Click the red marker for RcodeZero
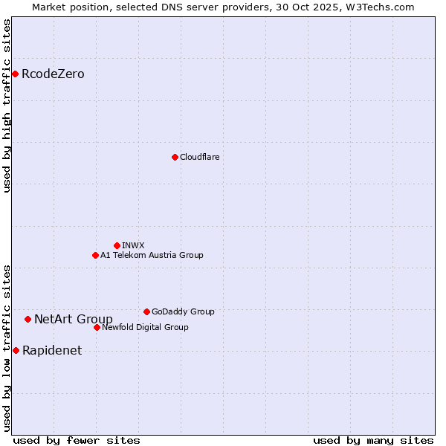(15, 74)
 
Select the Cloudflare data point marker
(175, 157)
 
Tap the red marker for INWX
(117, 245)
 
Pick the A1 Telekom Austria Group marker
(95, 255)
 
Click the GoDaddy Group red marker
(146, 311)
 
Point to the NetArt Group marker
(28, 319)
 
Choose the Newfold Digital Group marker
(97, 327)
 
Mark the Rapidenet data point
(16, 350)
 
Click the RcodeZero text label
(53, 74)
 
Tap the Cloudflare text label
(199, 157)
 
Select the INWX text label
(133, 245)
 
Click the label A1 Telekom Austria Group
(152, 255)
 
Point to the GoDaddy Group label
(183, 311)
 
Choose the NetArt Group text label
(74, 319)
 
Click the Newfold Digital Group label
(145, 327)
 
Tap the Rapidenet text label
(52, 350)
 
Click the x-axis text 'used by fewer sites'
(77, 440)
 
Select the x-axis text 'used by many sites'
(373, 440)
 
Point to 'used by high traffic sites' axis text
(7, 106)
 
